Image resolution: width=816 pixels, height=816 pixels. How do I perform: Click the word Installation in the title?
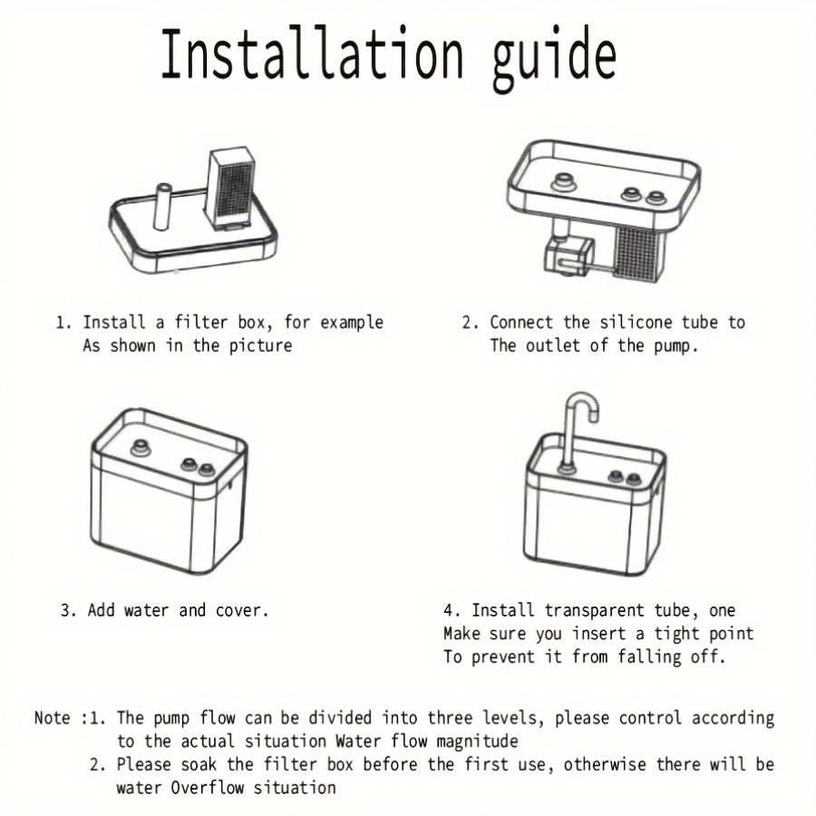[311, 53]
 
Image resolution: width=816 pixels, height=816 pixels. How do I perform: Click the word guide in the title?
[554, 58]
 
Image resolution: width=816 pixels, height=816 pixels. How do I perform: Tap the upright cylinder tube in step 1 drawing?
[163, 207]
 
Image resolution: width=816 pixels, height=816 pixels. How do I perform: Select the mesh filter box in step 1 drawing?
[230, 188]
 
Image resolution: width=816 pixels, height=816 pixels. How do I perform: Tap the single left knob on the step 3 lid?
[141, 448]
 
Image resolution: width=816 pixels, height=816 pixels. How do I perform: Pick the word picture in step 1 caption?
[261, 346]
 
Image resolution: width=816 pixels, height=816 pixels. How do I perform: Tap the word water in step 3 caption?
[146, 610]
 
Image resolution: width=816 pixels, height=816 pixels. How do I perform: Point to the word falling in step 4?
[649, 657]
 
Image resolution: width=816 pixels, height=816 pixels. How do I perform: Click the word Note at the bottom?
[52, 718]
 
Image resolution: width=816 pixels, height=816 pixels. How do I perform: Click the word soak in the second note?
[199, 764]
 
